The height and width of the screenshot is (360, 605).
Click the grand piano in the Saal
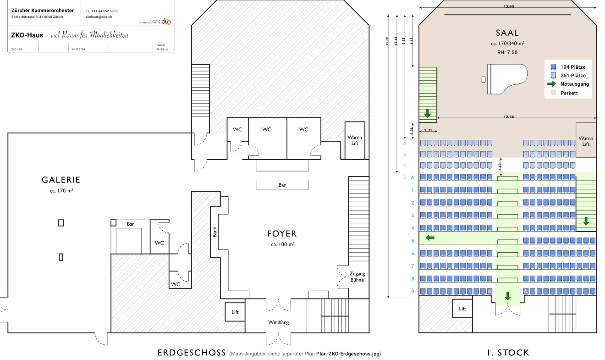(506, 79)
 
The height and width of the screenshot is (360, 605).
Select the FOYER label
(282, 234)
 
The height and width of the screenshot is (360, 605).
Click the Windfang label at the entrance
(278, 322)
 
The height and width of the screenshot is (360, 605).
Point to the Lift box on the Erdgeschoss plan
(235, 312)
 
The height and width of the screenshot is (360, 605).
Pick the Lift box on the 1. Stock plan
(462, 309)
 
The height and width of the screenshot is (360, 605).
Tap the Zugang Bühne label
(357, 277)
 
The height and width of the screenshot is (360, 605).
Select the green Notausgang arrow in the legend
(552, 84)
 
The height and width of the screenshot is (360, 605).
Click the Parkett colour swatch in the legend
(553, 93)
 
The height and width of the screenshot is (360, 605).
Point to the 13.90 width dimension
(509, 7)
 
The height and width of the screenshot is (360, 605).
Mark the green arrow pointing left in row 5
(430, 238)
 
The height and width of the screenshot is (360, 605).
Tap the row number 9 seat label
(412, 291)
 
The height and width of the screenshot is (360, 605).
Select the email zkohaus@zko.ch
(99, 17)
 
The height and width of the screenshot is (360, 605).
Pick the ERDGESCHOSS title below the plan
(191, 353)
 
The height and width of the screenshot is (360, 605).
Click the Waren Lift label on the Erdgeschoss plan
(355, 140)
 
